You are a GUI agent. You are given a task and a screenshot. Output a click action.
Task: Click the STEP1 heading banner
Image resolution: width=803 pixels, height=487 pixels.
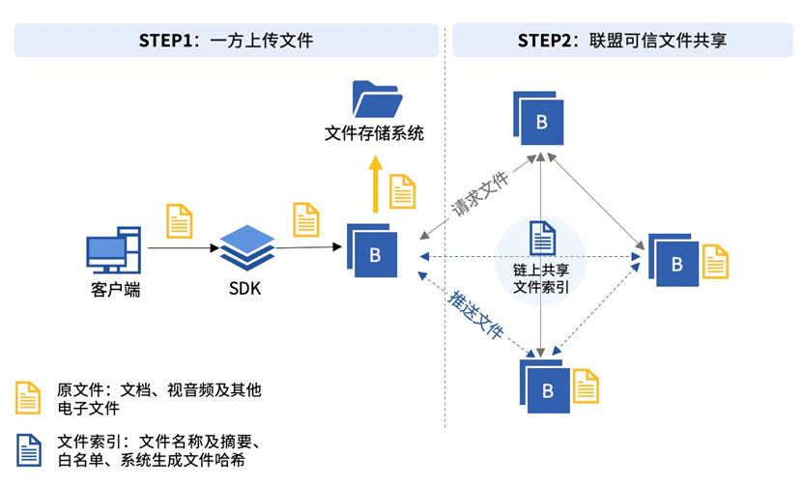coord(226,40)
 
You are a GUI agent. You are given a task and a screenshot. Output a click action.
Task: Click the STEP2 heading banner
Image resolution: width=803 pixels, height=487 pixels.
coord(622,40)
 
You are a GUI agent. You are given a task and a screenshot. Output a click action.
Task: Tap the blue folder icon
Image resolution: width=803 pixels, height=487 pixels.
coord(378,99)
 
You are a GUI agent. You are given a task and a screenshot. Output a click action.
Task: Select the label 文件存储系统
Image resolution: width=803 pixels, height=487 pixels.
coord(374,133)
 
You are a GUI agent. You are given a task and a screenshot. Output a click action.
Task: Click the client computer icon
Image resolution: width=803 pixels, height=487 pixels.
coord(114,250)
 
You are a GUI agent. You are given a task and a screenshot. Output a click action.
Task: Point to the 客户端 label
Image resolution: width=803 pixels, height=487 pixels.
coord(115,290)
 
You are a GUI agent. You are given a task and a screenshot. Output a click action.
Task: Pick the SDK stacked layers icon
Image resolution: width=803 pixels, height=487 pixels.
coord(247,247)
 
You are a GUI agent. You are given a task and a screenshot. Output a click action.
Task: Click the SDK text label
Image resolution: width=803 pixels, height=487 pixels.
coord(244,289)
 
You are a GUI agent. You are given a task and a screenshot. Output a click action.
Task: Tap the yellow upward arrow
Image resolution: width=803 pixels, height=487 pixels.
coord(376,185)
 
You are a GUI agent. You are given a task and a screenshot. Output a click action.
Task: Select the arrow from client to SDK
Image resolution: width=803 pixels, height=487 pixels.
coord(184,248)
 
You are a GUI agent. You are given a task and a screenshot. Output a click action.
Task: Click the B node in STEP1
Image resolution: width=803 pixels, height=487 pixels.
coord(372,250)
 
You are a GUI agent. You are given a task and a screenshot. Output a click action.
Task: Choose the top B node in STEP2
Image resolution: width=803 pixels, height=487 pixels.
coord(538,118)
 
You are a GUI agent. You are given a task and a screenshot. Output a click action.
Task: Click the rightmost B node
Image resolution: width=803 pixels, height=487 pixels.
coord(674,260)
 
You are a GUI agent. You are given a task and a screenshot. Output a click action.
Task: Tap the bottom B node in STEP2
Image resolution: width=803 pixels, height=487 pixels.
coord(545,387)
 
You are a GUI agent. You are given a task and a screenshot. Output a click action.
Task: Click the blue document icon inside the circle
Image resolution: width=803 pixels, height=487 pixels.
coord(542,238)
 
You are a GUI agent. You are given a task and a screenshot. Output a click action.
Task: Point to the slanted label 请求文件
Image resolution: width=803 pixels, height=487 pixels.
coord(480,193)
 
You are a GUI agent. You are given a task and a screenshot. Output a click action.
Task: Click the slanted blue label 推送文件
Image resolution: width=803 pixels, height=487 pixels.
coord(475,314)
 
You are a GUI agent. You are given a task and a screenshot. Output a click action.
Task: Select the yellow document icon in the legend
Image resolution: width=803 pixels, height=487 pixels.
coord(28,397)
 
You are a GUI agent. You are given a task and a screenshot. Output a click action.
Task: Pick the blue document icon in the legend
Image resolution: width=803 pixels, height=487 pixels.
coord(29,450)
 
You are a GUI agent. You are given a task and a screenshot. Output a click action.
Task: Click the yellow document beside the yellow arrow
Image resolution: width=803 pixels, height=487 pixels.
coord(403,191)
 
